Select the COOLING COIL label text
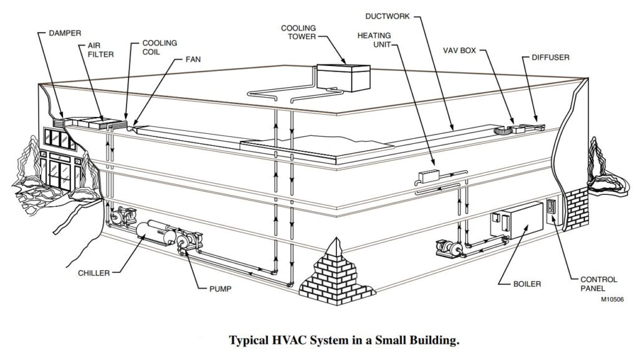coord(160,47)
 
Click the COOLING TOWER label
coord(298,32)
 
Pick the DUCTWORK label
coord(388,16)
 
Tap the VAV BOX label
coord(460,49)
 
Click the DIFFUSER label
coord(550,57)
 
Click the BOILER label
coord(527,284)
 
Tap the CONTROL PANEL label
coord(598,284)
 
